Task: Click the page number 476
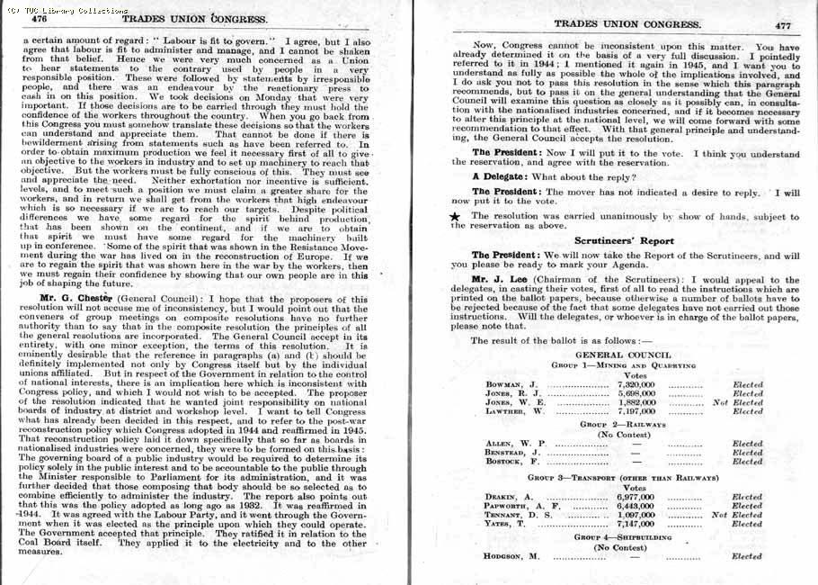tap(39, 17)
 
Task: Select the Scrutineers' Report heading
tap(624, 241)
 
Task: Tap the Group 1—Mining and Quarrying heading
tap(624, 366)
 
